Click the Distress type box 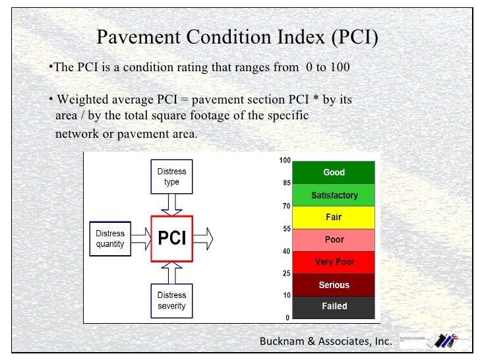pyautogui.click(x=171, y=177)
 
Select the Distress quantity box pyautogui.click(x=110, y=238)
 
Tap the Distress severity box pyautogui.click(x=171, y=300)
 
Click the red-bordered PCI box pyautogui.click(x=172, y=238)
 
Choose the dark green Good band pyautogui.click(x=334, y=173)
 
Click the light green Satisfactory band pyautogui.click(x=334, y=195)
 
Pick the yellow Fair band pyautogui.click(x=334, y=217)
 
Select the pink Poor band pyautogui.click(x=334, y=240)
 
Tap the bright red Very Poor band pyautogui.click(x=334, y=262)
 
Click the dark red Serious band pyautogui.click(x=334, y=285)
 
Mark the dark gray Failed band pyautogui.click(x=334, y=307)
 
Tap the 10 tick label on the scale pyautogui.click(x=287, y=295)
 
